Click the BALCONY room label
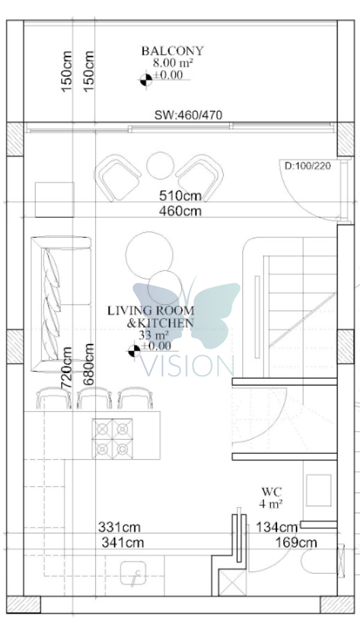[x=172, y=51]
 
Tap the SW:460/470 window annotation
[x=188, y=115]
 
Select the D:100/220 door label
[x=308, y=166]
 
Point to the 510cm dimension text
[x=180, y=196]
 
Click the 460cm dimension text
[x=180, y=211]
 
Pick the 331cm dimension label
[x=119, y=527]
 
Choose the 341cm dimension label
[x=123, y=543]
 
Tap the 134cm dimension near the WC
[x=277, y=527]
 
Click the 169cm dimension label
[x=296, y=543]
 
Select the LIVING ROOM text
[x=151, y=310]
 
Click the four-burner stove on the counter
[x=112, y=439]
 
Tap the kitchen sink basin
[x=133, y=573]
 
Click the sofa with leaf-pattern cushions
[x=61, y=304]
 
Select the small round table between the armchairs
[x=160, y=166]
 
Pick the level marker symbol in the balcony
[x=146, y=80]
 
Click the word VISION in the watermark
[x=187, y=365]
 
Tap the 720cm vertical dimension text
[x=66, y=368]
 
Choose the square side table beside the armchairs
[x=55, y=199]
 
